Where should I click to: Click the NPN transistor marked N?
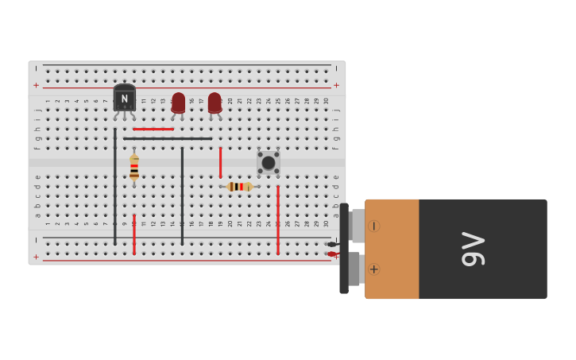[x=124, y=99]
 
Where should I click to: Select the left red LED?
[x=178, y=103]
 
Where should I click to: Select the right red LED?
[x=215, y=103]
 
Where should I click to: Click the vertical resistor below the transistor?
[x=134, y=167]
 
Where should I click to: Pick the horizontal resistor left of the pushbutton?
[x=239, y=187]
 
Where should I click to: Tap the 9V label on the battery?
[x=474, y=249]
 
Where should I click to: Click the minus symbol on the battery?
[x=373, y=226]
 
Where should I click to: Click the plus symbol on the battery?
[x=373, y=269]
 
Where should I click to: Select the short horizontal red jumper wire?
[x=153, y=129]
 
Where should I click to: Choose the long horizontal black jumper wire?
[x=168, y=138]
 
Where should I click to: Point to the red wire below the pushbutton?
[x=278, y=219]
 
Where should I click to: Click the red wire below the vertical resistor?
[x=134, y=234]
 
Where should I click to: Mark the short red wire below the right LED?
[x=220, y=162]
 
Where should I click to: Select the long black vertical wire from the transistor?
[x=114, y=186]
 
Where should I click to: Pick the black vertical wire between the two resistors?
[x=182, y=195]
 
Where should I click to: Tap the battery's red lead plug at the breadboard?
[x=332, y=254]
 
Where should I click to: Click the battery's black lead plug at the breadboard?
[x=332, y=244]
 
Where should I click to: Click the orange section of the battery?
[x=392, y=249]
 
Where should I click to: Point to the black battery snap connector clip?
[x=344, y=249]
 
